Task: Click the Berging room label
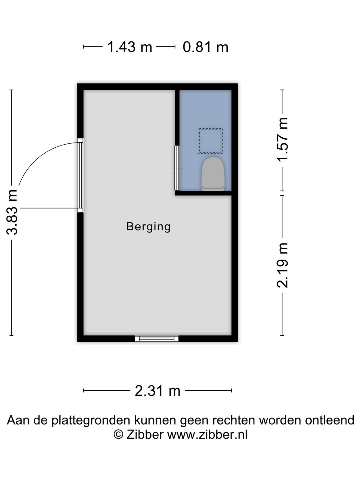pyautogui.click(x=148, y=227)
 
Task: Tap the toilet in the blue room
pyautogui.click(x=213, y=174)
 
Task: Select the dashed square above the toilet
pyautogui.click(x=210, y=141)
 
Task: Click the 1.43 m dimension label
pyautogui.click(x=129, y=47)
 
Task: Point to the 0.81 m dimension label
pyautogui.click(x=205, y=47)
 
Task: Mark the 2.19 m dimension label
pyautogui.click(x=282, y=265)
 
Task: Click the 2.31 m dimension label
pyautogui.click(x=157, y=391)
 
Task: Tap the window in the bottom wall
pyautogui.click(x=157, y=339)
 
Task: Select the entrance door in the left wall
pyautogui.click(x=80, y=175)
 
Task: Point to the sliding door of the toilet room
pyautogui.click(x=177, y=168)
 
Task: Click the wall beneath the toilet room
pyautogui.click(x=203, y=193)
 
